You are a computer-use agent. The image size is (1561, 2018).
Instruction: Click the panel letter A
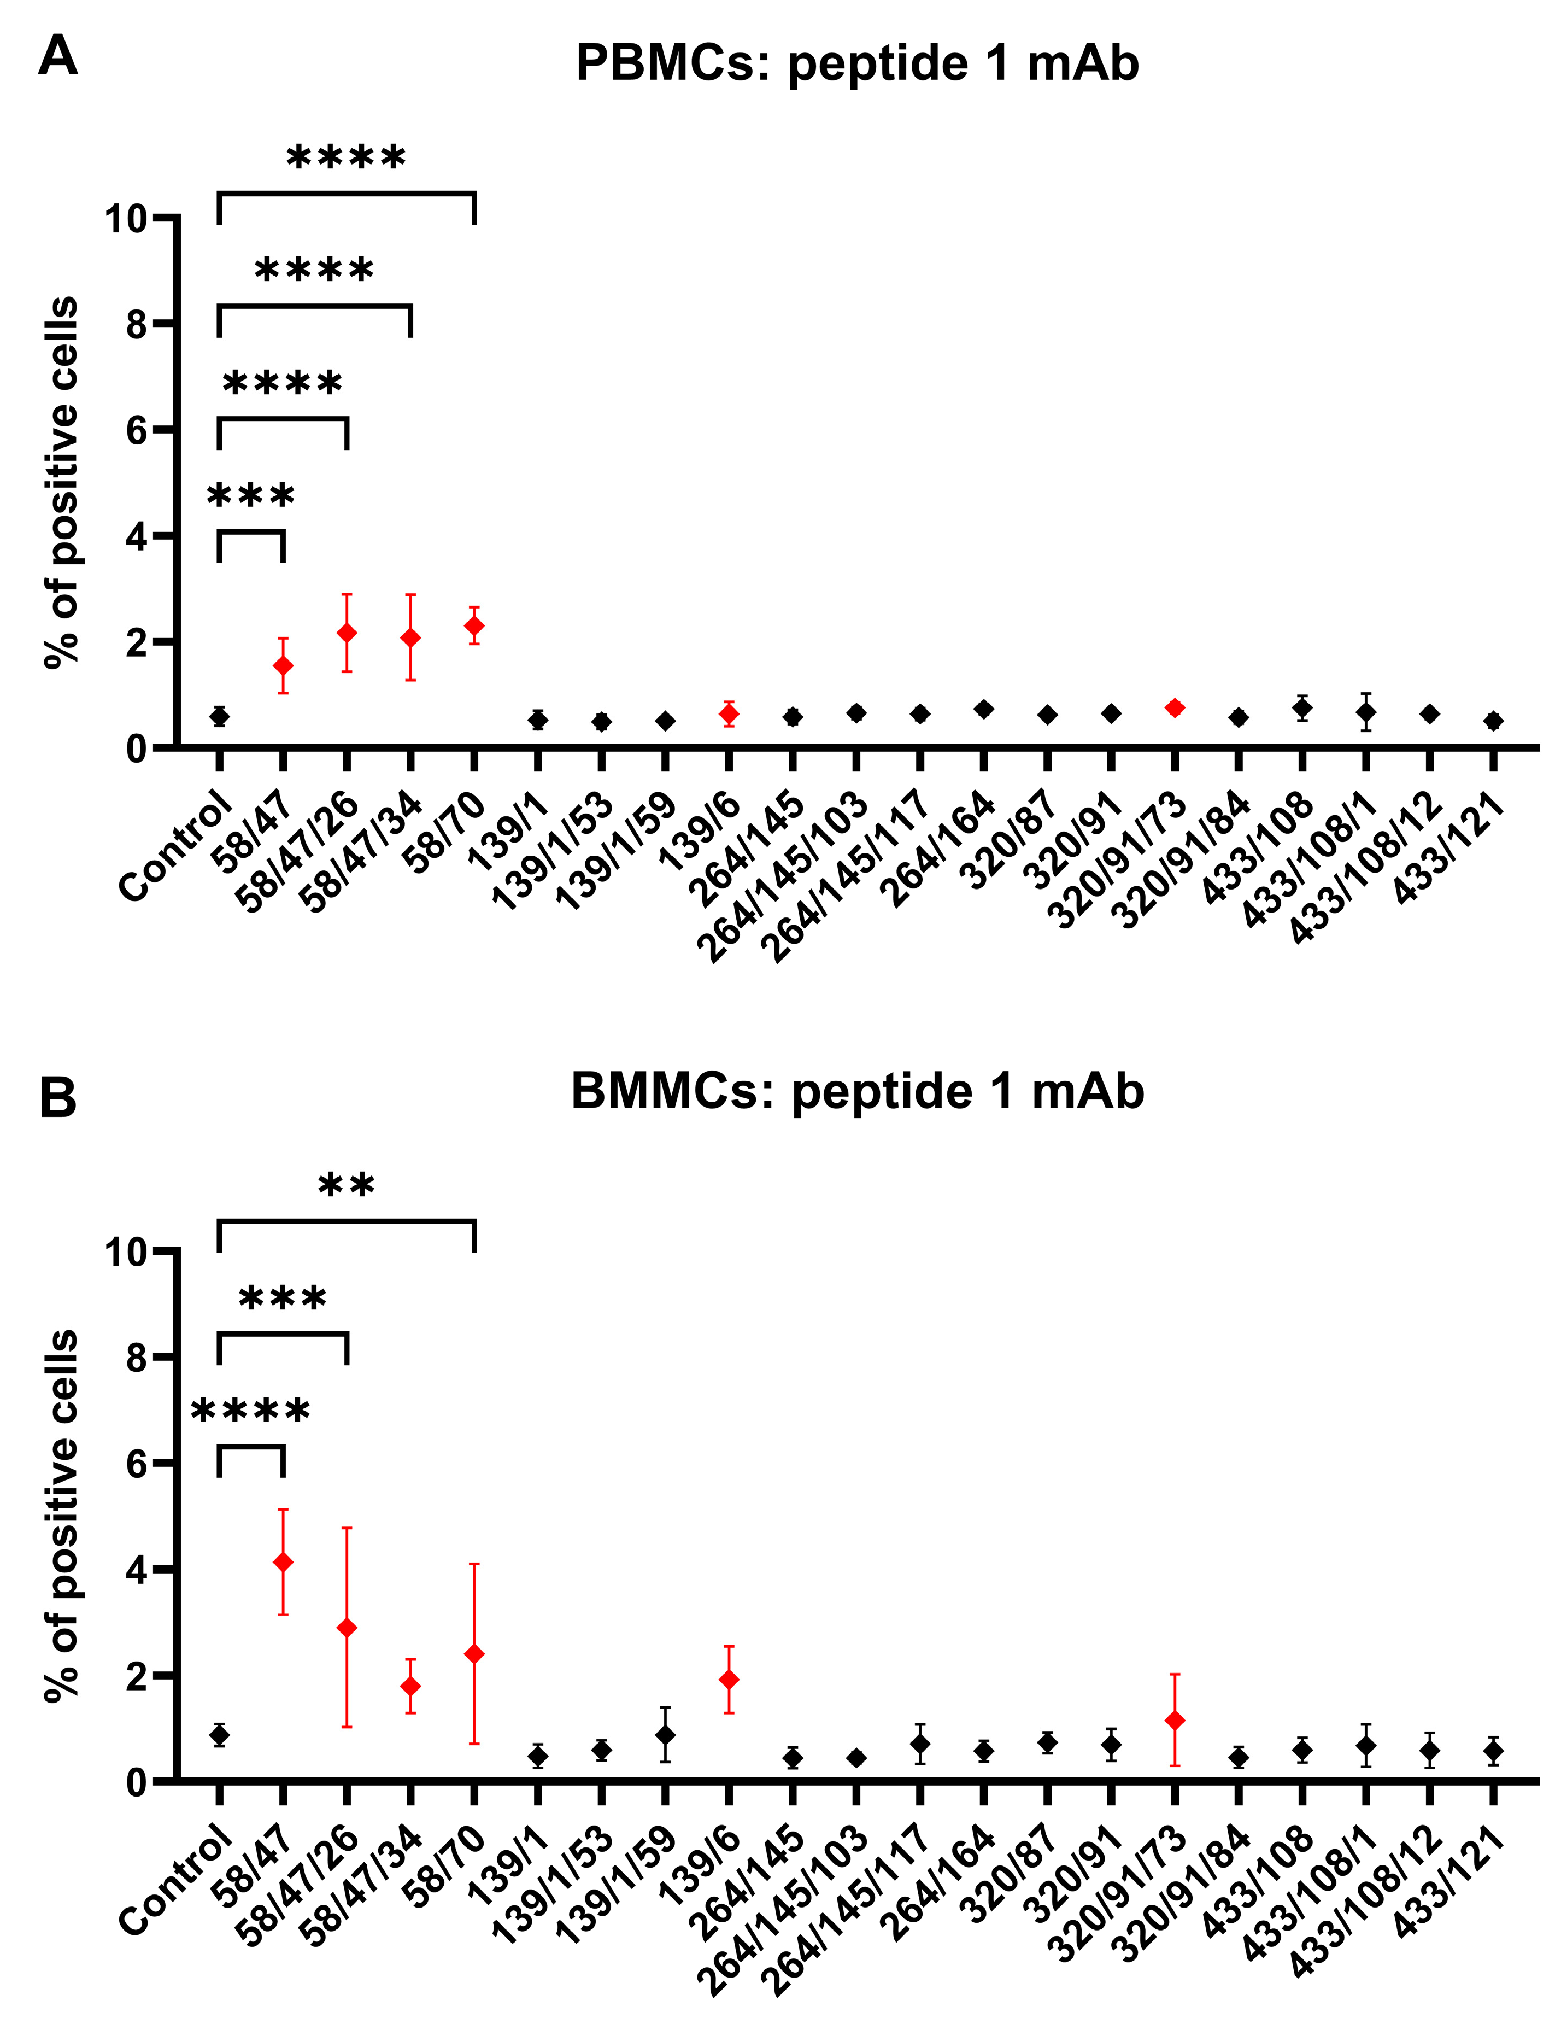57,57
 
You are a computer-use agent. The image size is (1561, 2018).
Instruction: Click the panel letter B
57,1099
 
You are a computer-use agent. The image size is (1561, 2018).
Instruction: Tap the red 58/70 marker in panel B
474,1653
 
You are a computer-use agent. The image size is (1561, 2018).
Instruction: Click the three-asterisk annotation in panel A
251,497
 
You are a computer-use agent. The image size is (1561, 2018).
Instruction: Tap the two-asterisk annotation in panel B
347,1185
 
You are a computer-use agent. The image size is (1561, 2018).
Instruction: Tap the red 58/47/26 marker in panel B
347,1627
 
